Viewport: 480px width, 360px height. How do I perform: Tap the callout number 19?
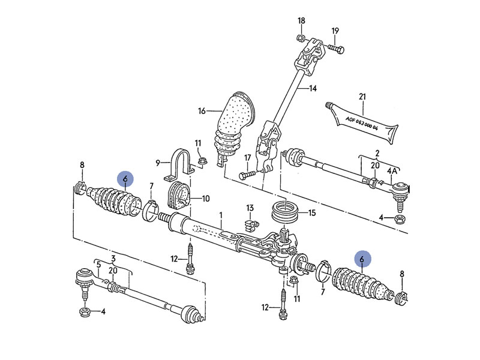pos(335,31)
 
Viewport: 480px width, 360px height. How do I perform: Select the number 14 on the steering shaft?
pos(312,89)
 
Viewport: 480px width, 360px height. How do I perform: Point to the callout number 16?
pos(202,111)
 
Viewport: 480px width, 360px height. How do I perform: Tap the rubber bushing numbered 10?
pos(178,196)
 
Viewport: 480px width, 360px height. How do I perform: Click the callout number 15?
pos(311,212)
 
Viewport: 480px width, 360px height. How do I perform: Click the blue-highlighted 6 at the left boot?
pos(125,179)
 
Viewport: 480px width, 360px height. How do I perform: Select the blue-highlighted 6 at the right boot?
pos(362,258)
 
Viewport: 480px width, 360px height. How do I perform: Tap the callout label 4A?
pos(393,171)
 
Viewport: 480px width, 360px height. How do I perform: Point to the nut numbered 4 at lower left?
pos(84,311)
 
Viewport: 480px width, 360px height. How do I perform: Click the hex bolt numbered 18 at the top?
pos(299,40)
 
